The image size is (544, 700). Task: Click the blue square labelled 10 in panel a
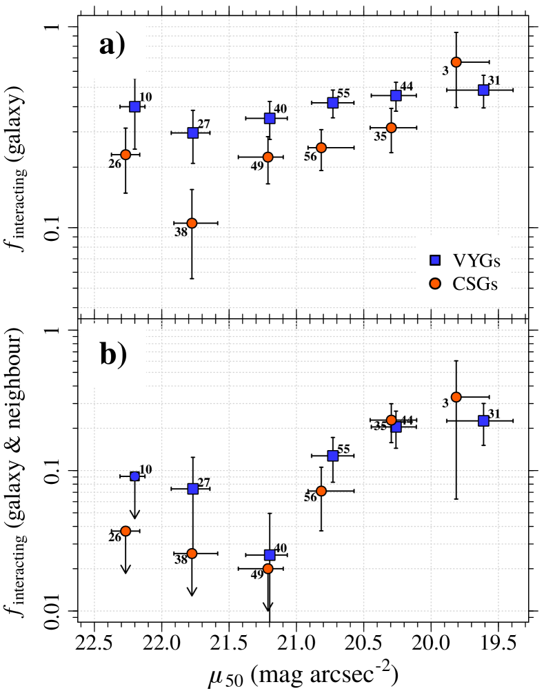(134, 106)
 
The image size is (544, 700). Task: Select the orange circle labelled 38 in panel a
(192, 223)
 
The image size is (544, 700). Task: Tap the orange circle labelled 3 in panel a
(456, 62)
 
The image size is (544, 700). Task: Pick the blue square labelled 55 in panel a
(333, 103)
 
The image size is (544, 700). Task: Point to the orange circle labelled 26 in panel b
(125, 531)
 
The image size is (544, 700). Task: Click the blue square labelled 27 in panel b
(193, 489)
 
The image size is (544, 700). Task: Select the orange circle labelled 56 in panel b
(321, 491)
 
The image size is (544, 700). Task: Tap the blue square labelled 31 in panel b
(483, 420)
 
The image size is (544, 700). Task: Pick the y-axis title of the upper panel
(30, 159)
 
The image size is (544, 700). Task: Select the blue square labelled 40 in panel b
(270, 555)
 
